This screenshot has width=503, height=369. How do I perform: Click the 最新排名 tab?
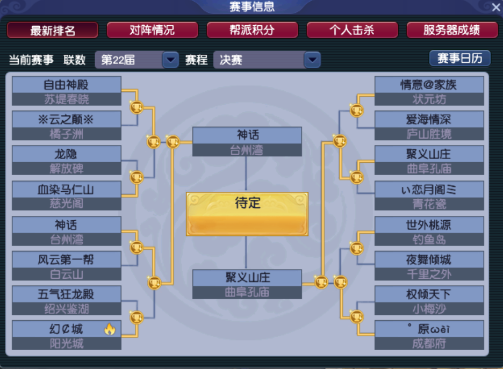point(53,31)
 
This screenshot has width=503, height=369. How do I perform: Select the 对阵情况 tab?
point(153,30)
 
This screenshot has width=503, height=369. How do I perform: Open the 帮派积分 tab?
point(252,30)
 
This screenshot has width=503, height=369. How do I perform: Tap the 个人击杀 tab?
point(352,30)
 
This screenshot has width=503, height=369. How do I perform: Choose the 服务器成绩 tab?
point(452,30)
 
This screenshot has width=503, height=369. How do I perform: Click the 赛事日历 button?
point(460,59)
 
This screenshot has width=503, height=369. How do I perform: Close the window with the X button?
point(496,7)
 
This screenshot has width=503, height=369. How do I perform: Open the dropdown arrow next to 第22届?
point(170,60)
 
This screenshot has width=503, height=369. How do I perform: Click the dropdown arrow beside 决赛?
point(312,60)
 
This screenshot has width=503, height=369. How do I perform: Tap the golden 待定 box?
point(247,214)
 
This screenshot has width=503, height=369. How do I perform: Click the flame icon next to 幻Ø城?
point(110,329)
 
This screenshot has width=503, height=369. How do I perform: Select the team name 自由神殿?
point(66,85)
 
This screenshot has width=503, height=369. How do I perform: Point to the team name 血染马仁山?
point(66,190)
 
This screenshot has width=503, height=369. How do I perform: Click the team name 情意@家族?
point(429,85)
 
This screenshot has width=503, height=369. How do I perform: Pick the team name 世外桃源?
point(429,225)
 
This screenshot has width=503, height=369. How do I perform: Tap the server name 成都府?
point(429,344)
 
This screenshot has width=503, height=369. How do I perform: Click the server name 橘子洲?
point(67,134)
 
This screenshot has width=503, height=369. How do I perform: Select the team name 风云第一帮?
point(66,259)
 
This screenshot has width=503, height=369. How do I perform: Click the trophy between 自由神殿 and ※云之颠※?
point(136,107)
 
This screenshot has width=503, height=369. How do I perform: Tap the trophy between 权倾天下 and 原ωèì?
point(357,317)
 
